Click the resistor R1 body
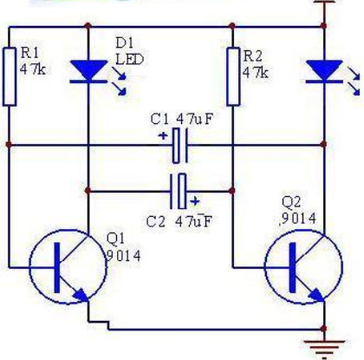(x=10, y=77)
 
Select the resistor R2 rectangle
(x=233, y=76)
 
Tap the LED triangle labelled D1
(x=88, y=69)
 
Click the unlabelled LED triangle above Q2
(x=324, y=69)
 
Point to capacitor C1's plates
(x=180, y=145)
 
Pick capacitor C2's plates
(x=179, y=191)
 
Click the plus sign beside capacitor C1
(x=163, y=136)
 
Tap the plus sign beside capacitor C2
(x=195, y=201)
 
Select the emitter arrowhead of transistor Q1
(x=81, y=295)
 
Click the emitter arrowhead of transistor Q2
(x=316, y=295)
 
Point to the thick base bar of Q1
(x=57, y=267)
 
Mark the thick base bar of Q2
(x=293, y=267)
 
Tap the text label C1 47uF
(x=182, y=119)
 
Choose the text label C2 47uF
(x=179, y=222)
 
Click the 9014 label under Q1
(x=124, y=256)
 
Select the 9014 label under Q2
(x=298, y=219)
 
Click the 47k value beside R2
(x=256, y=73)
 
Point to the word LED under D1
(x=129, y=59)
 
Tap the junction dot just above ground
(x=324, y=329)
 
